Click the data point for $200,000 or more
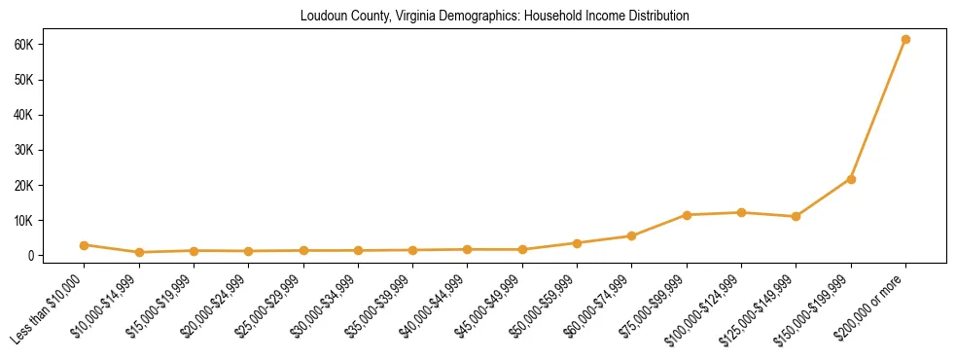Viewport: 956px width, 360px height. pyautogui.click(x=905, y=40)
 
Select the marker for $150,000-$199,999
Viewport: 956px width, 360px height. pyautogui.click(x=851, y=179)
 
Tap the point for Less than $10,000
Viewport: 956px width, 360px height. pyautogui.click(x=85, y=245)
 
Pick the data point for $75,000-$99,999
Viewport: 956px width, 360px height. pyautogui.click(x=687, y=215)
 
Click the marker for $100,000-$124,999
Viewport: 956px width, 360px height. pyautogui.click(x=741, y=212)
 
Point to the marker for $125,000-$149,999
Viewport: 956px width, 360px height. pyautogui.click(x=796, y=216)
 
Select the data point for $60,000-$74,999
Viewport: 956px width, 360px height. pyautogui.click(x=632, y=235)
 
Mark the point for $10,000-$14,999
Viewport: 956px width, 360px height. pyautogui.click(x=139, y=252)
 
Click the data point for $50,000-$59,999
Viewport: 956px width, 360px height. pyautogui.click(x=577, y=243)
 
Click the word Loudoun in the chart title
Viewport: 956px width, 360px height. pyautogui.click(x=324, y=17)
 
